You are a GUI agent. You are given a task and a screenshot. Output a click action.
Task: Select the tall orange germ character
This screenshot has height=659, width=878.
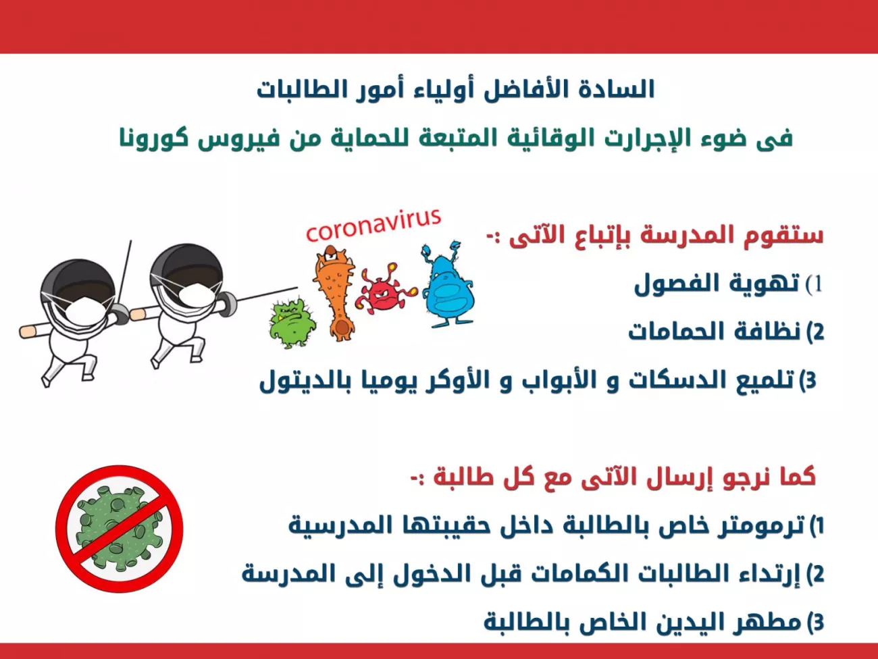coord(335,293)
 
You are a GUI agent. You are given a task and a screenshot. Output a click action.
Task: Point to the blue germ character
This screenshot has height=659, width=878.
coord(448,285)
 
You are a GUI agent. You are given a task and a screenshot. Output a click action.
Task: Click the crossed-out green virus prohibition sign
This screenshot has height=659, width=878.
coord(119,529)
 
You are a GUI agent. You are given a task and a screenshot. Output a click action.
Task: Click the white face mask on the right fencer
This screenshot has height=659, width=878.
coord(196,294)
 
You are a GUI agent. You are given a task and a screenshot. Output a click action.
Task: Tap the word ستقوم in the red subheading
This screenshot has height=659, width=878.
coord(788,236)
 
